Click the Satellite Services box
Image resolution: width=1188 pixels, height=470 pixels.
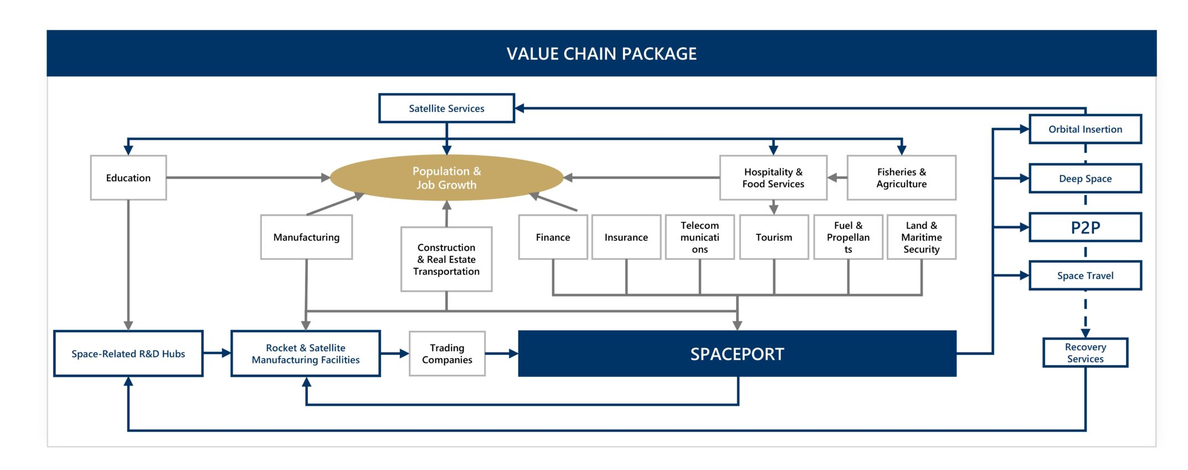pyautogui.click(x=446, y=108)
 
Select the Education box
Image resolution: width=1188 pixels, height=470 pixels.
pyautogui.click(x=128, y=177)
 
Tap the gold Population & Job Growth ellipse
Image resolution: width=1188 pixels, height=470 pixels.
pyautogui.click(x=446, y=177)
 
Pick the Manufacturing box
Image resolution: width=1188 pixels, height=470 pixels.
pyautogui.click(x=306, y=237)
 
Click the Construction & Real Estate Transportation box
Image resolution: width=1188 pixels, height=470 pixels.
pyautogui.click(x=446, y=259)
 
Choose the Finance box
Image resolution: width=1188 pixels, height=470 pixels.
pyautogui.click(x=553, y=237)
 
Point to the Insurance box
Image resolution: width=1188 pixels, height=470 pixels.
pyautogui.click(x=626, y=237)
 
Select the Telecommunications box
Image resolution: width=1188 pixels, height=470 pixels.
pyautogui.click(x=700, y=237)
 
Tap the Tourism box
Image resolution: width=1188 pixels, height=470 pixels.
pyautogui.click(x=774, y=237)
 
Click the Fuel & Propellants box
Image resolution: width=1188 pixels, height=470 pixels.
pyautogui.click(x=848, y=237)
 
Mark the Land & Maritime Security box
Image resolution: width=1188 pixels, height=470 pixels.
pyautogui.click(x=922, y=237)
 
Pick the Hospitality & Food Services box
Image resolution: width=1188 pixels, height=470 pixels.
pyautogui.click(x=774, y=177)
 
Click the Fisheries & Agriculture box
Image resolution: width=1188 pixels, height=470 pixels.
pyautogui.click(x=902, y=177)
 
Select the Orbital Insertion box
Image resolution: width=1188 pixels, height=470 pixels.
pyautogui.click(x=1086, y=129)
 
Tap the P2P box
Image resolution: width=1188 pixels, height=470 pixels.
pyautogui.click(x=1086, y=227)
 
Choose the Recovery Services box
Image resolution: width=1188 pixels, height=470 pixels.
pyautogui.click(x=1086, y=352)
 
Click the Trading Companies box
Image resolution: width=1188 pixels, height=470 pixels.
pyautogui.click(x=447, y=354)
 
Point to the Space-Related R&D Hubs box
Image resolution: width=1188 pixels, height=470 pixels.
pyautogui.click(x=128, y=354)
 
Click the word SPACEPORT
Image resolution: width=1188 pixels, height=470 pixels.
pyautogui.click(x=737, y=354)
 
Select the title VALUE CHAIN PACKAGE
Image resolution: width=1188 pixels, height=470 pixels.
pyautogui.click(x=601, y=54)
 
